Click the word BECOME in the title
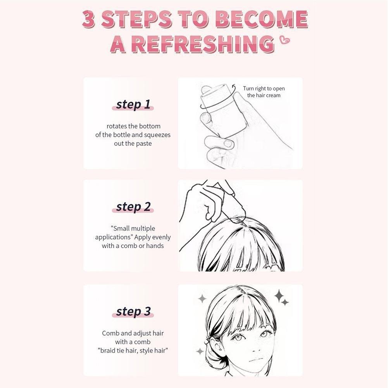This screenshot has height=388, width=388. tap(262, 19)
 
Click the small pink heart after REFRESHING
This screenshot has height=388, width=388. tap(285, 40)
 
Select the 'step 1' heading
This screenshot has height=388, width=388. tap(133, 104)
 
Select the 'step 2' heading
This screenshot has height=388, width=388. tap(133, 207)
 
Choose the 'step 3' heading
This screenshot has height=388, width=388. tap(133, 311)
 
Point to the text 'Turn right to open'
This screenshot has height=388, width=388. tap(264, 89)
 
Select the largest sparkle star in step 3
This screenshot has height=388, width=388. tap(279, 295)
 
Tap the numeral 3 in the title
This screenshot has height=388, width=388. tap(88, 19)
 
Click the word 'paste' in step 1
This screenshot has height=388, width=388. tap(144, 144)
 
